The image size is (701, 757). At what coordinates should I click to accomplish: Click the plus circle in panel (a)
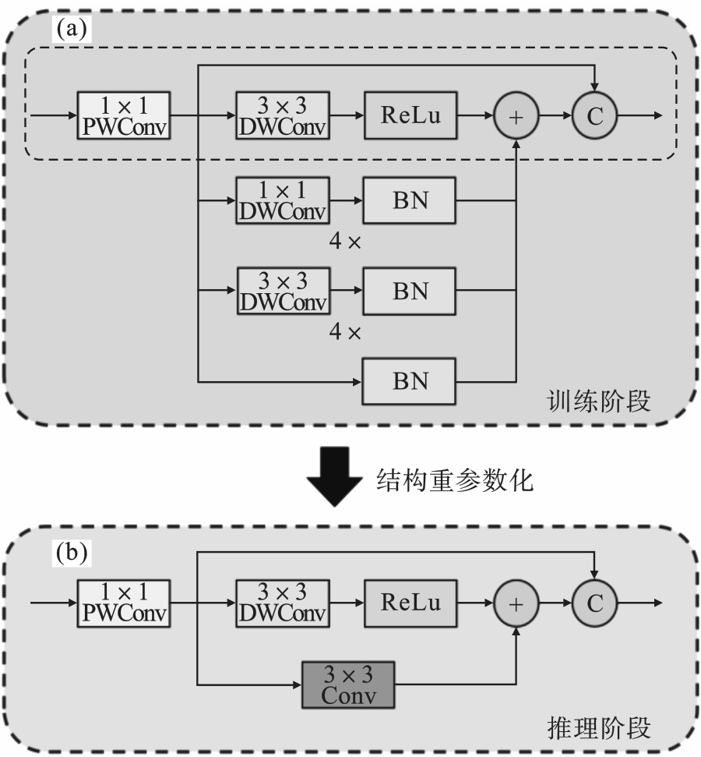pos(516,115)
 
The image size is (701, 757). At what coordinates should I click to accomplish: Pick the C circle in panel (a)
pos(595,115)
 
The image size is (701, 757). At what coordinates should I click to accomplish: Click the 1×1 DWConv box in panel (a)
pos(283,200)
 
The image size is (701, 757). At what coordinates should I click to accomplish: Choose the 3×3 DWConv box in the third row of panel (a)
pos(283,291)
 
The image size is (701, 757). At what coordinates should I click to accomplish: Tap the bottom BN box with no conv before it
pos(410,382)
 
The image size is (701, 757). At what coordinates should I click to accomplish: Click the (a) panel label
pos(72,29)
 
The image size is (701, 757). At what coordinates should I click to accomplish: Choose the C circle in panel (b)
pos(595,603)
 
